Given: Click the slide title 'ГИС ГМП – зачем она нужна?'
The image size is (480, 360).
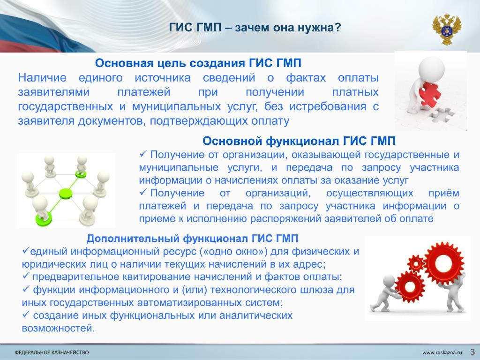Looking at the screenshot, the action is (x=255, y=28).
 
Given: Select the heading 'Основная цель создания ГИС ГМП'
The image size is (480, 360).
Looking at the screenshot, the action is (x=198, y=63).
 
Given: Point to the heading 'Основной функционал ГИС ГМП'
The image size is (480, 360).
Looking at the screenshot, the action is (x=299, y=141).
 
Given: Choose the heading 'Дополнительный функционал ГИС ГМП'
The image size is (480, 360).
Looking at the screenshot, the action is (x=192, y=238).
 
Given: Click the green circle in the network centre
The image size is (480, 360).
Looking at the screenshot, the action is (x=66, y=194).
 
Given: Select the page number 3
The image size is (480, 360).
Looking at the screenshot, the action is (x=472, y=352).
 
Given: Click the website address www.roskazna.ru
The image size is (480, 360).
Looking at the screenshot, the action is (x=442, y=352).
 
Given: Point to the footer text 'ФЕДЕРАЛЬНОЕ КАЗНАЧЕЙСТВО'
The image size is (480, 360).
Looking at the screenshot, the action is (x=52, y=352).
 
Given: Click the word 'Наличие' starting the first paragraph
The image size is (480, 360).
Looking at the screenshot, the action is (x=42, y=78).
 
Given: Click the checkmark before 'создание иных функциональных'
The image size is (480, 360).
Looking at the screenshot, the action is (x=26, y=314).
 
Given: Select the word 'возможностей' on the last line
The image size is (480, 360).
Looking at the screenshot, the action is (x=58, y=329).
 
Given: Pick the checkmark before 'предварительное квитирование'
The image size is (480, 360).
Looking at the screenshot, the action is (x=26, y=276).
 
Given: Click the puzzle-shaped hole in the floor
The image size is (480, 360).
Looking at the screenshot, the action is (x=442, y=114).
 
